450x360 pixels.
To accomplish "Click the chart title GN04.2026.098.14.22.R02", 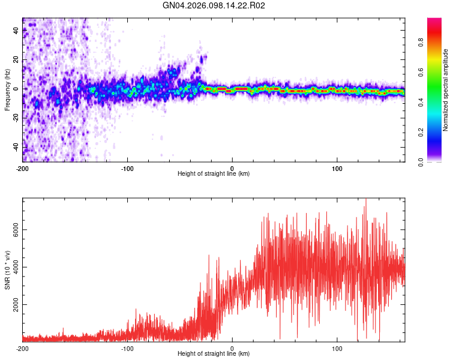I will point(214,5).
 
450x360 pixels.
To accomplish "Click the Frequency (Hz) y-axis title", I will point(7,89).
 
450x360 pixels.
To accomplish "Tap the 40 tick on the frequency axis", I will point(17,31).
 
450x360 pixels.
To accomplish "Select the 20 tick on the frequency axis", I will point(17,60).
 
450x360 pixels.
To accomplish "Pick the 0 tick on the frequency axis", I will point(17,89).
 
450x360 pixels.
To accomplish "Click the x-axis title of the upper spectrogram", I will point(214,174).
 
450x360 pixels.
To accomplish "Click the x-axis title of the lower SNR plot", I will point(214,354).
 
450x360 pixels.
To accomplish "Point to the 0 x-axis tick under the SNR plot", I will point(232,348).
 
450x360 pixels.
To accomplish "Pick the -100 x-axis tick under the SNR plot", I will point(127,348).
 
